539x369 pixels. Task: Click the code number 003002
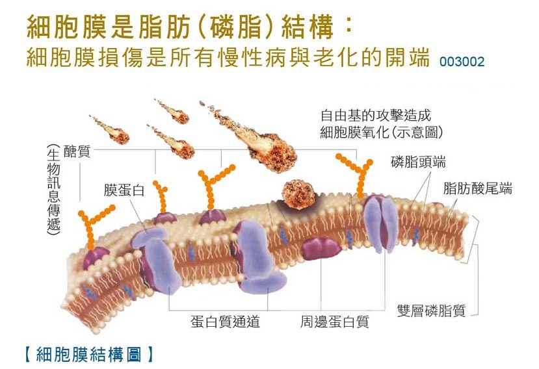click(x=462, y=62)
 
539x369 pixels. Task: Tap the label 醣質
click(x=77, y=151)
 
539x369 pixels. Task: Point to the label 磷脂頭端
click(x=418, y=162)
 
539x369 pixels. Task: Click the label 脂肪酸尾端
click(x=477, y=188)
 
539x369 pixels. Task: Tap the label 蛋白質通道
click(x=225, y=322)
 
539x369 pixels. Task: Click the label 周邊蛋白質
click(x=335, y=322)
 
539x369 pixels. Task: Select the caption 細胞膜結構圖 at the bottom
click(x=89, y=354)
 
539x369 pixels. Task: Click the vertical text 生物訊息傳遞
click(x=53, y=189)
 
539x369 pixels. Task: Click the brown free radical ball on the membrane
click(x=298, y=194)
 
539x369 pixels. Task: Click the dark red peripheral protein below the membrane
click(x=321, y=249)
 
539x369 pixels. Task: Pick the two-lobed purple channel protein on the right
click(x=381, y=223)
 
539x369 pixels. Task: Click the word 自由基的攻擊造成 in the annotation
click(x=375, y=116)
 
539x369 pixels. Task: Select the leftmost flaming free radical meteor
click(x=110, y=129)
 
